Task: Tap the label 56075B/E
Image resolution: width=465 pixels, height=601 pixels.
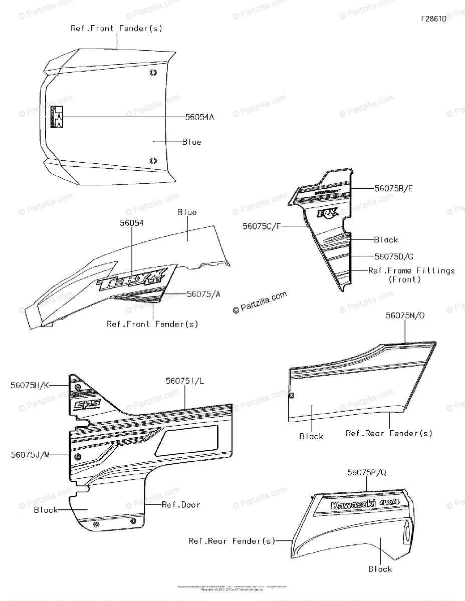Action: tap(394, 188)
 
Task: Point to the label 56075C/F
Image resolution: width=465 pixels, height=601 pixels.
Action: tap(261, 226)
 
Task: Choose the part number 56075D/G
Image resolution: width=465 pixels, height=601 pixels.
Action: tap(394, 256)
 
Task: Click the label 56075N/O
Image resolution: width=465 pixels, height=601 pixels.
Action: tap(405, 316)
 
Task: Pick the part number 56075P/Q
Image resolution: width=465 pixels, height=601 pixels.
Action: tap(366, 472)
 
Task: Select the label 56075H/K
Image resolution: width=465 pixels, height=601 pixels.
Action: tap(30, 385)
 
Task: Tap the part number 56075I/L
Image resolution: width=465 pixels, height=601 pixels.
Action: tap(185, 381)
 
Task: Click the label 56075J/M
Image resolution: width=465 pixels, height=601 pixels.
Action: tap(30, 455)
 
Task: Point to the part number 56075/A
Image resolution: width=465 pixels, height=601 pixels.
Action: tap(203, 294)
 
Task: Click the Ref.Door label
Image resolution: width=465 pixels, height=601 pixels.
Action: tap(181, 504)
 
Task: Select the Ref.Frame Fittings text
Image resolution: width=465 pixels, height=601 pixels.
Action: tap(411, 270)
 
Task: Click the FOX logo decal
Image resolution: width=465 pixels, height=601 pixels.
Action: tap(327, 213)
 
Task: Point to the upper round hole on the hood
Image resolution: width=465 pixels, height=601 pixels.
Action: tap(153, 73)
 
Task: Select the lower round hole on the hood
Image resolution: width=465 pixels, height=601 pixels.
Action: tap(153, 160)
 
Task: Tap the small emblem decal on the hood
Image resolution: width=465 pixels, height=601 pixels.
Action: tap(57, 117)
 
